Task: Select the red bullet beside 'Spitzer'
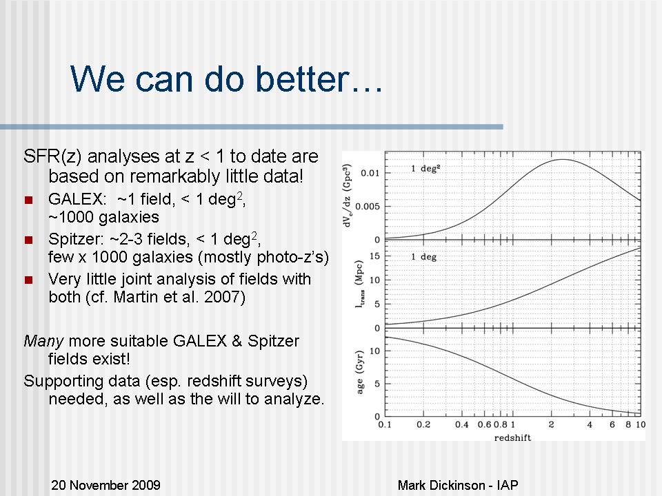[x=29, y=240]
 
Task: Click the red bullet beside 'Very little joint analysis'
[x=29, y=280]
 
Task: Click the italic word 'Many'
[x=44, y=341]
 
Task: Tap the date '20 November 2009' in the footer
[x=106, y=485]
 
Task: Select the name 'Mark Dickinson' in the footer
[x=441, y=485]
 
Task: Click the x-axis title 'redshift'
[x=512, y=438]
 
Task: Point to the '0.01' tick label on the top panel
[x=370, y=173]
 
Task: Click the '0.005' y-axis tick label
[x=368, y=206]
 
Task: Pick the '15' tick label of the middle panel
[x=375, y=256]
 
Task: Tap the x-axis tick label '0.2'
[x=423, y=424]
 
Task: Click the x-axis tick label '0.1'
[x=385, y=424]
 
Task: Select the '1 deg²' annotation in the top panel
[x=425, y=168]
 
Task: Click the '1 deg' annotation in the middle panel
[x=424, y=256]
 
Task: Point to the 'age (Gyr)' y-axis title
[x=360, y=372]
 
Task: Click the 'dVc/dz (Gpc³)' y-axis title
[x=348, y=195]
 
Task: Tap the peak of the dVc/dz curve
[x=563, y=159]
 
